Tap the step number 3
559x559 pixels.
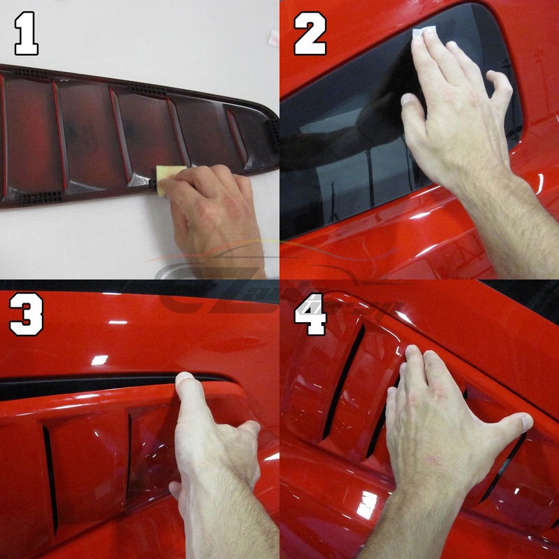(27, 314)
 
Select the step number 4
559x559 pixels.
(310, 314)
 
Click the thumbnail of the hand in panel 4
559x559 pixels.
(524, 421)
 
